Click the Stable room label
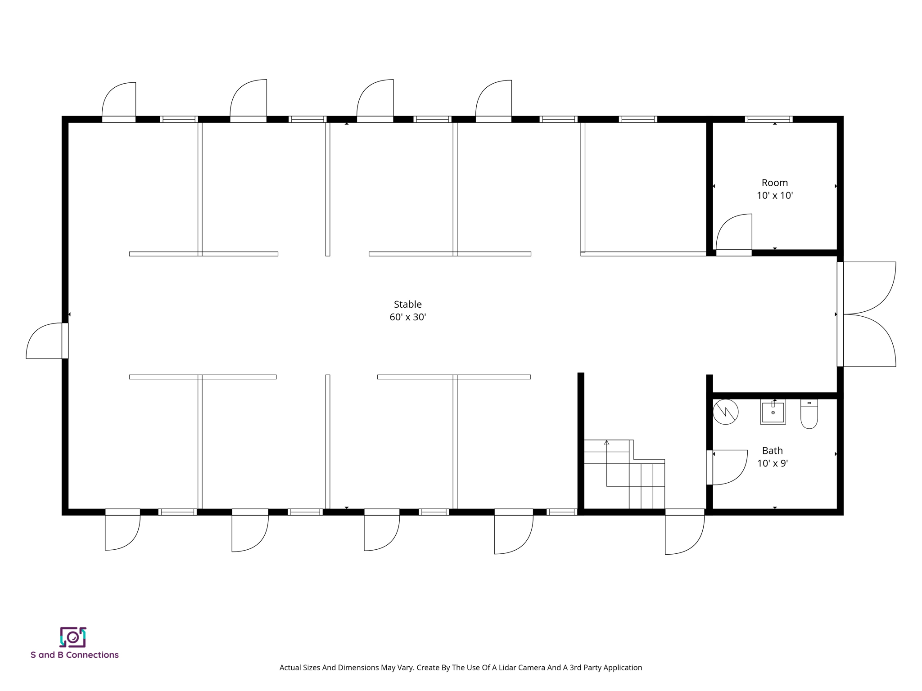[x=407, y=304]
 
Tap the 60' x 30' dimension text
[x=407, y=317]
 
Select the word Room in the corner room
[x=774, y=183]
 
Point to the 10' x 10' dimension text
[x=774, y=195]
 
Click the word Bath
[x=772, y=450]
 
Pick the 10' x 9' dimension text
[x=772, y=463]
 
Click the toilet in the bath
[x=809, y=414]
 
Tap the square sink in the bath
[x=773, y=412]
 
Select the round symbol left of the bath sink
[x=725, y=412]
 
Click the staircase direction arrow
[x=606, y=443]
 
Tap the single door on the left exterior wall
[x=45, y=341]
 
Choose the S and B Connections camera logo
[x=73, y=637]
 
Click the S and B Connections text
[x=75, y=655]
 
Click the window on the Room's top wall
[x=768, y=119]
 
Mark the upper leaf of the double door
[x=869, y=288]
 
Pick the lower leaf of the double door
[x=869, y=341]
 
